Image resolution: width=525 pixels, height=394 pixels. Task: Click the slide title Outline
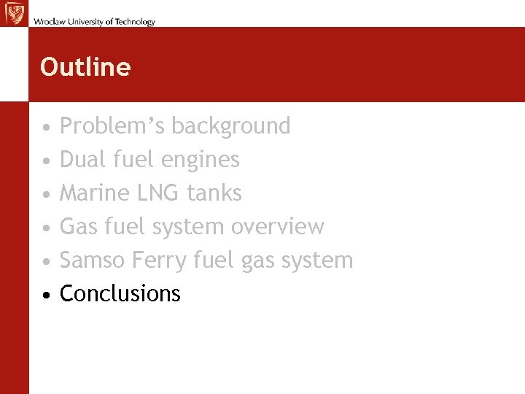[85, 67]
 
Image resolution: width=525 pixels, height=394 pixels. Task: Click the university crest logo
[13, 13]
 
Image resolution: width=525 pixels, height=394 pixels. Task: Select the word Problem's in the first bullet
[112, 126]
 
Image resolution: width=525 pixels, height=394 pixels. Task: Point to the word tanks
[214, 193]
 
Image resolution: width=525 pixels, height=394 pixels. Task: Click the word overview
[278, 226]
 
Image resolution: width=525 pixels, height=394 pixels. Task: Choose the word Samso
[87, 260]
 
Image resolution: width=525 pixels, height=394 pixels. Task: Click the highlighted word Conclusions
[120, 293]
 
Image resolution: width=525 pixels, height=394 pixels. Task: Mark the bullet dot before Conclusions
[46, 295]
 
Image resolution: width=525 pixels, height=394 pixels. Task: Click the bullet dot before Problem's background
[46, 128]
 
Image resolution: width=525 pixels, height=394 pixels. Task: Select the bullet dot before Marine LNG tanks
[46, 195]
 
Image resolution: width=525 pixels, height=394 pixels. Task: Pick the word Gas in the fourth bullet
[75, 226]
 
